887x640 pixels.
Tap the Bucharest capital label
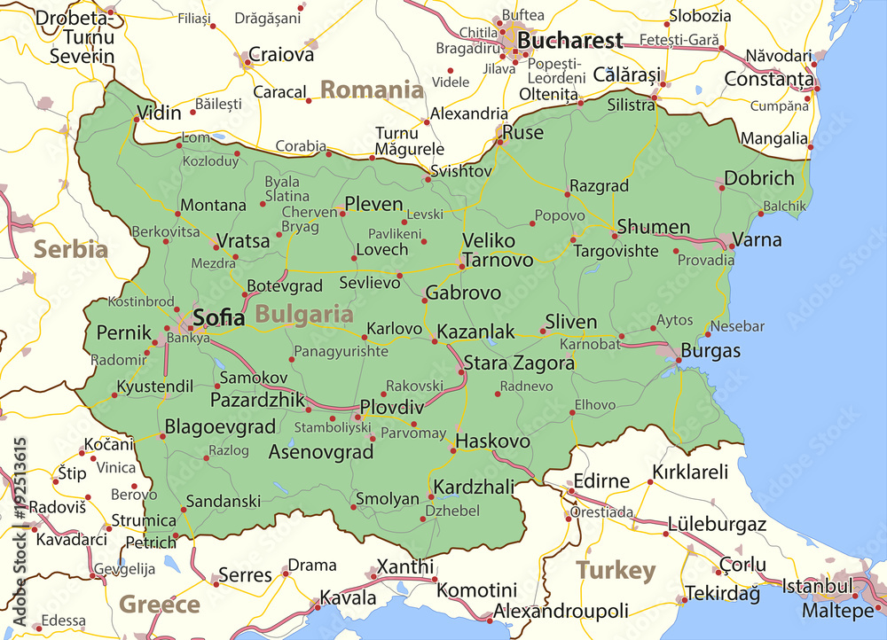pyautogui.click(x=569, y=40)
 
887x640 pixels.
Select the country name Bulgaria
pyautogui.click(x=304, y=314)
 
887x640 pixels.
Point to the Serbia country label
pyautogui.click(x=71, y=249)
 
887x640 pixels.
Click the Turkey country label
pyautogui.click(x=616, y=570)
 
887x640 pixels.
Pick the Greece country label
pyautogui.click(x=160, y=605)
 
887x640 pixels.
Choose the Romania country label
pyautogui.click(x=372, y=90)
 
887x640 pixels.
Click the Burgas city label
pyautogui.click(x=710, y=351)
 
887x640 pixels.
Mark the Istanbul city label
pyautogui.click(x=818, y=586)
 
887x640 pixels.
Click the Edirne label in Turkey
pyautogui.click(x=601, y=480)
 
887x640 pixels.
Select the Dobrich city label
pyautogui.click(x=759, y=177)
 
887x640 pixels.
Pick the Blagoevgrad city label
pyautogui.click(x=221, y=426)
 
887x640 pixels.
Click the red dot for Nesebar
pyautogui.click(x=707, y=334)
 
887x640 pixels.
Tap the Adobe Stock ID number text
pyautogui.click(x=19, y=496)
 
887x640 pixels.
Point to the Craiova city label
pyautogui.click(x=281, y=54)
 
